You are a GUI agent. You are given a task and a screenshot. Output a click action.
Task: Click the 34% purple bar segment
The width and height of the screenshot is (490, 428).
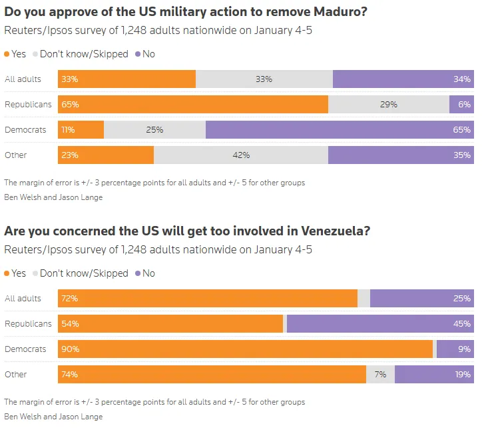pos(403,79)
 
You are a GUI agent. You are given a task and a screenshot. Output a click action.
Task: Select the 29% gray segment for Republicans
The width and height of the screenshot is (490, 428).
pos(389,104)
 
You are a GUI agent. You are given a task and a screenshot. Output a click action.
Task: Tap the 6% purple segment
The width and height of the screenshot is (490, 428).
pos(461,104)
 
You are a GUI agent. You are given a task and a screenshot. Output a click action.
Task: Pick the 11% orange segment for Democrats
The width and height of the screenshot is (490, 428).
pos(81,129)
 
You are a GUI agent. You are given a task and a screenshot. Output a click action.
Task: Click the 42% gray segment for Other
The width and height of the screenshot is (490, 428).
pos(241,155)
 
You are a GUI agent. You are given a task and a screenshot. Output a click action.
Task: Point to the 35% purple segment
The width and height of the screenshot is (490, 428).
pos(401,155)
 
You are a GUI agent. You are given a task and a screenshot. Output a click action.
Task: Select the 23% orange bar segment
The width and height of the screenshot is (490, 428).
pos(106,155)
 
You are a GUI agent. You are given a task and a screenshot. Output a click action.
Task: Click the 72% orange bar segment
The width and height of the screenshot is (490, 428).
pos(208,298)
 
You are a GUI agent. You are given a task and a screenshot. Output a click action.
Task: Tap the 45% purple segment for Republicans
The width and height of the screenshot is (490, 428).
pos(380,323)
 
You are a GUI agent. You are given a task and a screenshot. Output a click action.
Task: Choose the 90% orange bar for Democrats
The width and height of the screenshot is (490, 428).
pos(245,349)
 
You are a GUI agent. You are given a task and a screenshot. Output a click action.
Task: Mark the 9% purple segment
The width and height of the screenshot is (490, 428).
pos(455,349)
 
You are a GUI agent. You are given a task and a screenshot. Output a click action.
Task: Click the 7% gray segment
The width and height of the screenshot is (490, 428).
pos(380,374)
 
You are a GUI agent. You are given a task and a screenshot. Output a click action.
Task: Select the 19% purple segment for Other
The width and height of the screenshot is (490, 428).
pos(434,374)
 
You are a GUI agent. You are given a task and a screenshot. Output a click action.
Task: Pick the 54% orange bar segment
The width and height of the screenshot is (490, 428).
pos(170,323)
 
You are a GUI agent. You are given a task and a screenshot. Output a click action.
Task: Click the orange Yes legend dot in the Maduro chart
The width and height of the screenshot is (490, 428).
pos(7,54)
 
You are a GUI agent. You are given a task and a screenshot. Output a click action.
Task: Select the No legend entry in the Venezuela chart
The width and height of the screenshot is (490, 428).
pos(144,273)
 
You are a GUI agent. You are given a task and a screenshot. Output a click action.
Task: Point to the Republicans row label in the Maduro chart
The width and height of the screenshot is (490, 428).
pos(28,104)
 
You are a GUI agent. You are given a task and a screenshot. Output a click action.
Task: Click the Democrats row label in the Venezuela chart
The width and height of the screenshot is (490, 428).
pos(25,349)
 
